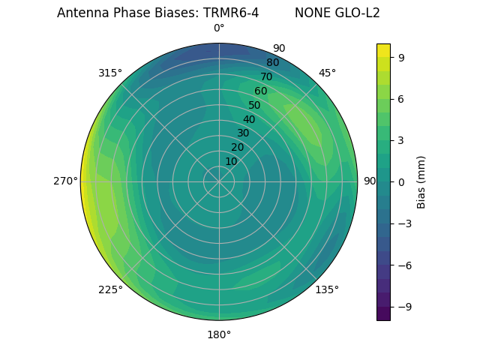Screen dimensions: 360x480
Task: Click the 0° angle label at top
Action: [219, 28]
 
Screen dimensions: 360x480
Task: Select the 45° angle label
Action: [327, 73]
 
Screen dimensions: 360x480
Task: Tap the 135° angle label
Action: [327, 289]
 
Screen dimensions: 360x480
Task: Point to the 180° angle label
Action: [219, 334]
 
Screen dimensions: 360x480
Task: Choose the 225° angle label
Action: [110, 290]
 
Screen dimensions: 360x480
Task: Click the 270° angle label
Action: [65, 181]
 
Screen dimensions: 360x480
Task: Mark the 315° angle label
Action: [110, 73]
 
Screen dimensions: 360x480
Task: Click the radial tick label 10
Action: [231, 162]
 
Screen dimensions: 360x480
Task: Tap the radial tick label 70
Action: [266, 76]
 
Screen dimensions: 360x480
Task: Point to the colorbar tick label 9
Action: [400, 57]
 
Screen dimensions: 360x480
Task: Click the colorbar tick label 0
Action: [400, 181]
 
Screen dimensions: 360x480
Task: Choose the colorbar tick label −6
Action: [403, 265]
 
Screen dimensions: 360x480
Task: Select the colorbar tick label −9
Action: [403, 307]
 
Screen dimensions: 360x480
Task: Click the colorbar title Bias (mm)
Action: [421, 181]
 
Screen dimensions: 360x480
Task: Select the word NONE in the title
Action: [310, 13]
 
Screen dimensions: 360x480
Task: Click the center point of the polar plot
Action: [219, 181]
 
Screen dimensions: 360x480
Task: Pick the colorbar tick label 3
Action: [400, 140]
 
